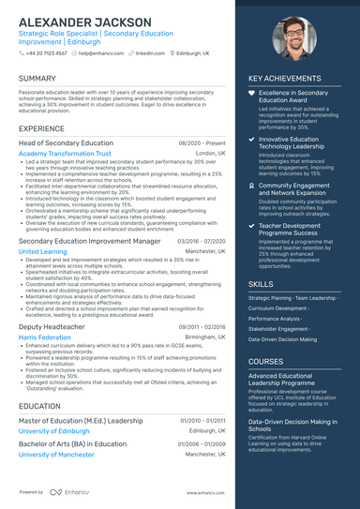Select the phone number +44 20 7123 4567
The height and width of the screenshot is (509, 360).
48,53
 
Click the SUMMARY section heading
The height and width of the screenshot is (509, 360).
37,79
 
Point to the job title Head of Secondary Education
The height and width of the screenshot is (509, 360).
66,142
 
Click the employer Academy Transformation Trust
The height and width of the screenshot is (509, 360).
65,153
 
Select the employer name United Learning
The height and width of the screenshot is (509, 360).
42,251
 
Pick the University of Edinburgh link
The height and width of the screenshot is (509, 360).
60,430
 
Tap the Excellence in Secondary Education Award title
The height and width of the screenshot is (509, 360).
293,97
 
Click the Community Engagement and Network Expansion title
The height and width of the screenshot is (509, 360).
294,190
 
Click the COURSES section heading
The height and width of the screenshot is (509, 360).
265,361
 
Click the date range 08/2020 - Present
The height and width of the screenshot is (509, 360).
202,142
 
